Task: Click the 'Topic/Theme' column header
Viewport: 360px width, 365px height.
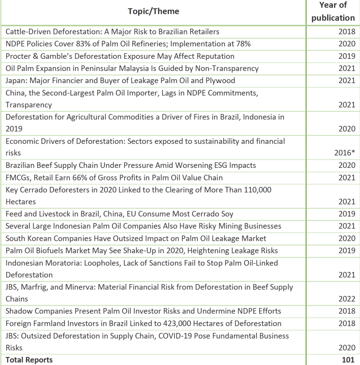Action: (153, 11)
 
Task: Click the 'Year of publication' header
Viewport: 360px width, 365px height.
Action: (333, 11)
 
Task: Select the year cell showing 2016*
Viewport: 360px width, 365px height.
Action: (345, 153)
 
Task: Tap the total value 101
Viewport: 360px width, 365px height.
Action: (348, 360)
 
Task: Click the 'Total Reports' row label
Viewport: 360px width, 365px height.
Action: (29, 360)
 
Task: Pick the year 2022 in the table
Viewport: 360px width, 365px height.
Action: (347, 299)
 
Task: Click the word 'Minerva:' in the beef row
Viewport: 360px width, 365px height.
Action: (79, 287)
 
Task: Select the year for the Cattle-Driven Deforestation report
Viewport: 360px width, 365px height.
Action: (347, 32)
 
